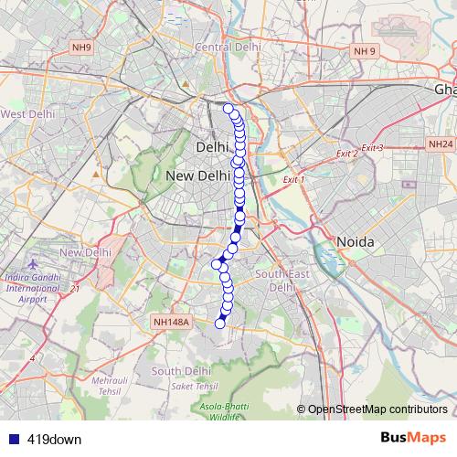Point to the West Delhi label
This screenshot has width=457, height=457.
27,114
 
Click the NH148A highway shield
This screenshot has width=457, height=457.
171,322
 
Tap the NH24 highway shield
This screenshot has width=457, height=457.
441,144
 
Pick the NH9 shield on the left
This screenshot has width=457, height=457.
81,47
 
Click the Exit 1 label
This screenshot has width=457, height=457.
293,180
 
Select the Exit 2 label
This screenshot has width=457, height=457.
346,154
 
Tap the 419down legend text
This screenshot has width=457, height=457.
54,440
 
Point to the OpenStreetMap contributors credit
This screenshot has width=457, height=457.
373,409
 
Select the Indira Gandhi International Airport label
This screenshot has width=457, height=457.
36,288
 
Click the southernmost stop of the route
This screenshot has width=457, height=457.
219,323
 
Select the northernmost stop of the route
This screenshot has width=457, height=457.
228,109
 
